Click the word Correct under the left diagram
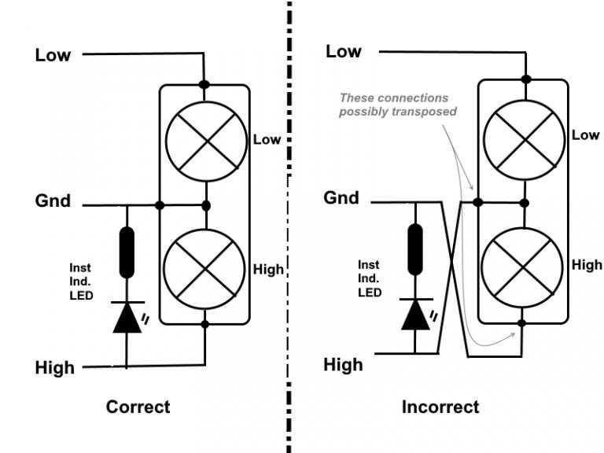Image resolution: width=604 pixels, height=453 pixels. [x=138, y=407]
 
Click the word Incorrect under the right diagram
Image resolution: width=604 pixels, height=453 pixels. [x=440, y=407]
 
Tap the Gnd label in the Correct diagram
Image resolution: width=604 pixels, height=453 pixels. [x=53, y=201]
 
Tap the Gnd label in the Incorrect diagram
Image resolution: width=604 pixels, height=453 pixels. [x=341, y=198]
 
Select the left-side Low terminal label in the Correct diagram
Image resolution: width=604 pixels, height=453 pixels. [x=53, y=55]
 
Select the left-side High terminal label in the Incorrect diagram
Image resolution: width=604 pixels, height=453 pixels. [x=343, y=365]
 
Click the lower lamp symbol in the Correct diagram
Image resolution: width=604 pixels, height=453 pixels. [x=204, y=268]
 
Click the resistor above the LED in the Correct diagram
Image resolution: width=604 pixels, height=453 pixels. [x=127, y=252]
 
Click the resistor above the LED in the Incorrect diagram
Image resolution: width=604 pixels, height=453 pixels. [x=414, y=249]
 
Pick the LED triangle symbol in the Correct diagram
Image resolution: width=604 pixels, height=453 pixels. [x=127, y=316]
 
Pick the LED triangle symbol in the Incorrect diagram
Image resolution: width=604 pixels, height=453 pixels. [x=414, y=313]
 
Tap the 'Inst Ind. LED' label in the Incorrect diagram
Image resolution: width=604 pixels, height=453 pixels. [x=370, y=278]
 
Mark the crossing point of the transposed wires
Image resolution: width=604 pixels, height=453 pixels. [x=451, y=279]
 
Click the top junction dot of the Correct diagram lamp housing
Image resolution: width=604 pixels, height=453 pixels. [x=204, y=84]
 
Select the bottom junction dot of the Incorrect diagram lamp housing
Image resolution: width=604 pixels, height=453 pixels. [x=523, y=322]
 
